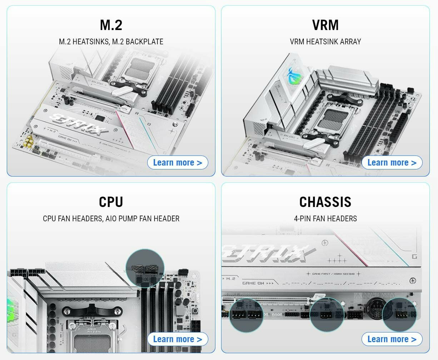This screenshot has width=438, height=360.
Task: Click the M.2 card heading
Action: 111,25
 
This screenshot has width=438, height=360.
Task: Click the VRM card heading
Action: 325,25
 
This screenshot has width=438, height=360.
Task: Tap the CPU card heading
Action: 111,202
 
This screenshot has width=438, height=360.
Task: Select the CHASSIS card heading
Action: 325,202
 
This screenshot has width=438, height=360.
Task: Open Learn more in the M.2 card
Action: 178,163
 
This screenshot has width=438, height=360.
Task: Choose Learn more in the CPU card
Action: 178,339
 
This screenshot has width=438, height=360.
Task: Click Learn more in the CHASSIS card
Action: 392,339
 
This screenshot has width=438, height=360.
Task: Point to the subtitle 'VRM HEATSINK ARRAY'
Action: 325,41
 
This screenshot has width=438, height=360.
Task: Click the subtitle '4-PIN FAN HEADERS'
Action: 325,218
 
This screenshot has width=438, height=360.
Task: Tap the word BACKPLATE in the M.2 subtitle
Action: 144,41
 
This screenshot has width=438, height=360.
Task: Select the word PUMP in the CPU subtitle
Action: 129,218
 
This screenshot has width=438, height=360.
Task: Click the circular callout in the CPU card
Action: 145,268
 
